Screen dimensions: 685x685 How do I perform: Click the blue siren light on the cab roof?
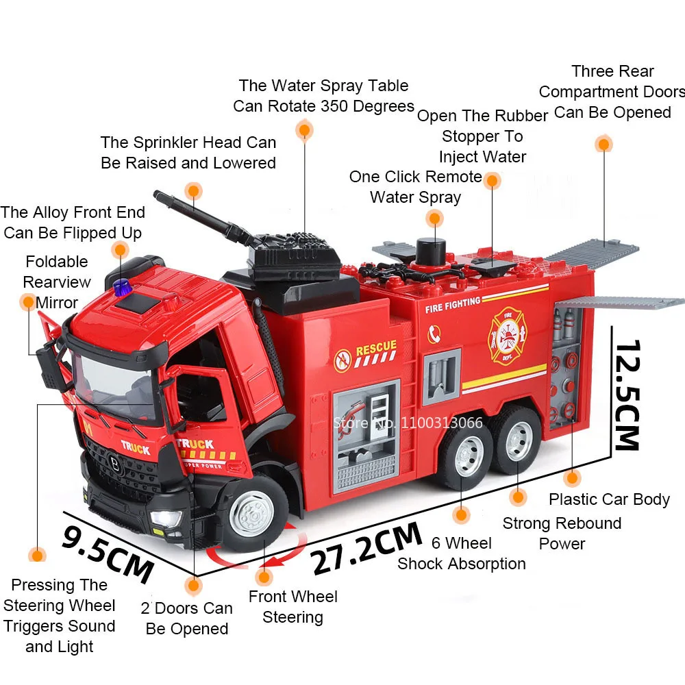(123, 288)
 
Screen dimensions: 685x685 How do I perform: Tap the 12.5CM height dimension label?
(627, 395)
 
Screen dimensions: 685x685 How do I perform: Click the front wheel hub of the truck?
(251, 513)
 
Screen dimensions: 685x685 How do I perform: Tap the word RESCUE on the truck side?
(376, 347)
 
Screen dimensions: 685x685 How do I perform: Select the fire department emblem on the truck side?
(507, 336)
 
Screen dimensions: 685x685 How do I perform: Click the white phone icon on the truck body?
(434, 334)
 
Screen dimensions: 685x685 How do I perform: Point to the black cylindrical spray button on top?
(431, 251)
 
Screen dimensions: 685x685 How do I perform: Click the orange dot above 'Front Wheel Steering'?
(264, 577)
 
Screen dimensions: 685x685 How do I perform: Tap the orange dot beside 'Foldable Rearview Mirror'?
(28, 302)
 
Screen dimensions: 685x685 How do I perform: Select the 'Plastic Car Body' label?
(609, 499)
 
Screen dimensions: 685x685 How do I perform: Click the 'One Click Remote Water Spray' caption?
(416, 187)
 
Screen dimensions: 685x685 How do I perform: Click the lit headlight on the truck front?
(166, 519)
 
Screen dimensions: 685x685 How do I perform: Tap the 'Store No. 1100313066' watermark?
(408, 423)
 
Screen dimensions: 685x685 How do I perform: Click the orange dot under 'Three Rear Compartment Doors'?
(603, 144)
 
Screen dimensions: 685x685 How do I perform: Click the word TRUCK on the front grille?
(136, 447)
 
